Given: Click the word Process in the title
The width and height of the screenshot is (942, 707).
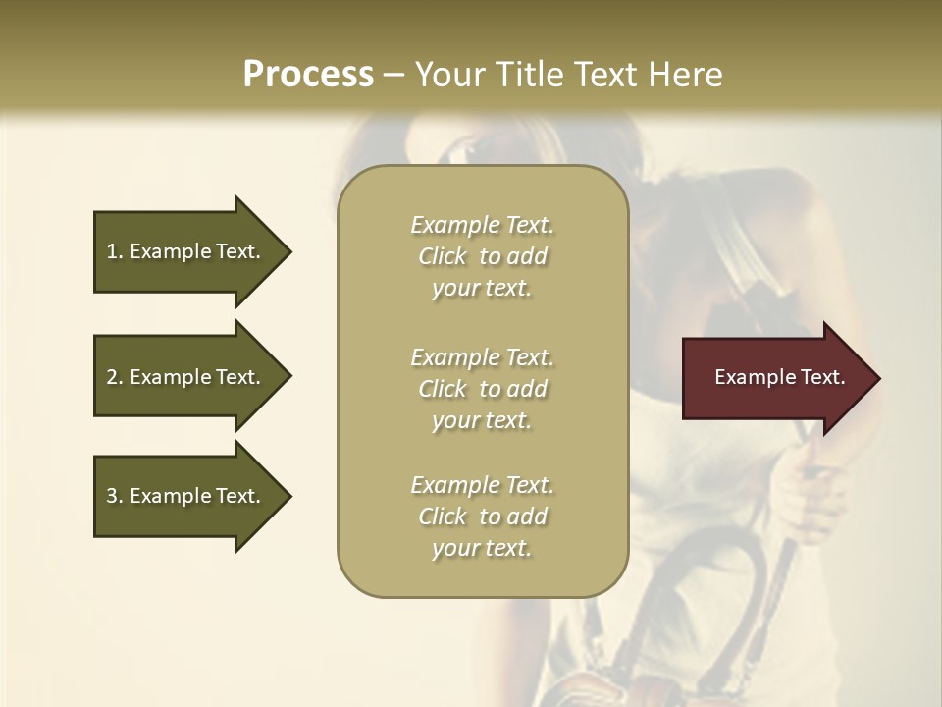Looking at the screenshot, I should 308,75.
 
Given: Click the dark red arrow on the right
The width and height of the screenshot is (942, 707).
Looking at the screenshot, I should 775,377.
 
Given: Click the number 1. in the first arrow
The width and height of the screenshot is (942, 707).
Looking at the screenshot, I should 115,251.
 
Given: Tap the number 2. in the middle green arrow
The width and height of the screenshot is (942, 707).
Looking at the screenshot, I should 115,377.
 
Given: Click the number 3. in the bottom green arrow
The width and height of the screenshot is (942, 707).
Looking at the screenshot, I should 115,496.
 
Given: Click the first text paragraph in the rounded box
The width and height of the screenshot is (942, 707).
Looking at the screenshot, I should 482,256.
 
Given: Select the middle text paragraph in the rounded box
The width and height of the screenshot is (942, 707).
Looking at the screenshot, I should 482,389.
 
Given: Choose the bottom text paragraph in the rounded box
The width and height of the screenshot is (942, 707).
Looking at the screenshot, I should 482,517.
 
